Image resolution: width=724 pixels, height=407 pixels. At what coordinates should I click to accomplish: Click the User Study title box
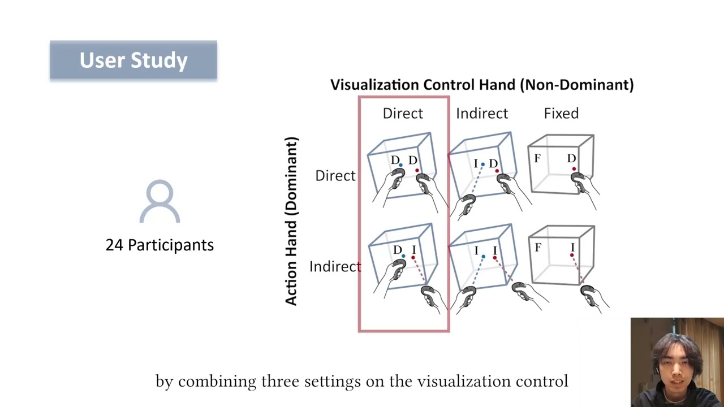[x=133, y=60]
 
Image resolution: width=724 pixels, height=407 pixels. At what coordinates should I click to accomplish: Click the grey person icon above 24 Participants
[x=160, y=202]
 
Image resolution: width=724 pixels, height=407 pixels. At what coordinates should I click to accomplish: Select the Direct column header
[x=403, y=113]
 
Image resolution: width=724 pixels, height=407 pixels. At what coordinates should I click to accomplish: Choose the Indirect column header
[x=482, y=113]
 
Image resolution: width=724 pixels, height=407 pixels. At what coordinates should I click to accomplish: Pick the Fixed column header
[x=561, y=113]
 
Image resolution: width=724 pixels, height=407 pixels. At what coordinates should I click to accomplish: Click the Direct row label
[x=335, y=176]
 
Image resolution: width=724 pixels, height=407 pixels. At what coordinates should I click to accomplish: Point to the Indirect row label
[x=335, y=266]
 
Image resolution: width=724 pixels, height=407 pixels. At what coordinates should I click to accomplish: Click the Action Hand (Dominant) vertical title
[x=291, y=220]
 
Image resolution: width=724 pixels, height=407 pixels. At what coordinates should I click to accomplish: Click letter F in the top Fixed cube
[x=537, y=159]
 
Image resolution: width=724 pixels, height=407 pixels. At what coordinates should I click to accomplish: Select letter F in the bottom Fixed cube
[x=538, y=248]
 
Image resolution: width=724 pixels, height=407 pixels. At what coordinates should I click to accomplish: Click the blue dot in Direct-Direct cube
[x=400, y=165]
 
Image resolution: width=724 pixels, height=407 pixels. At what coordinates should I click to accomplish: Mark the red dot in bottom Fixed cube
[x=572, y=256]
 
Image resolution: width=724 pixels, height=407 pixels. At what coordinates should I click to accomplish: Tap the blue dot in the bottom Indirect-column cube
[x=483, y=257]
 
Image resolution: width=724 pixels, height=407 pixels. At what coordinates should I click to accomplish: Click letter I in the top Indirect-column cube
[x=476, y=164]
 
